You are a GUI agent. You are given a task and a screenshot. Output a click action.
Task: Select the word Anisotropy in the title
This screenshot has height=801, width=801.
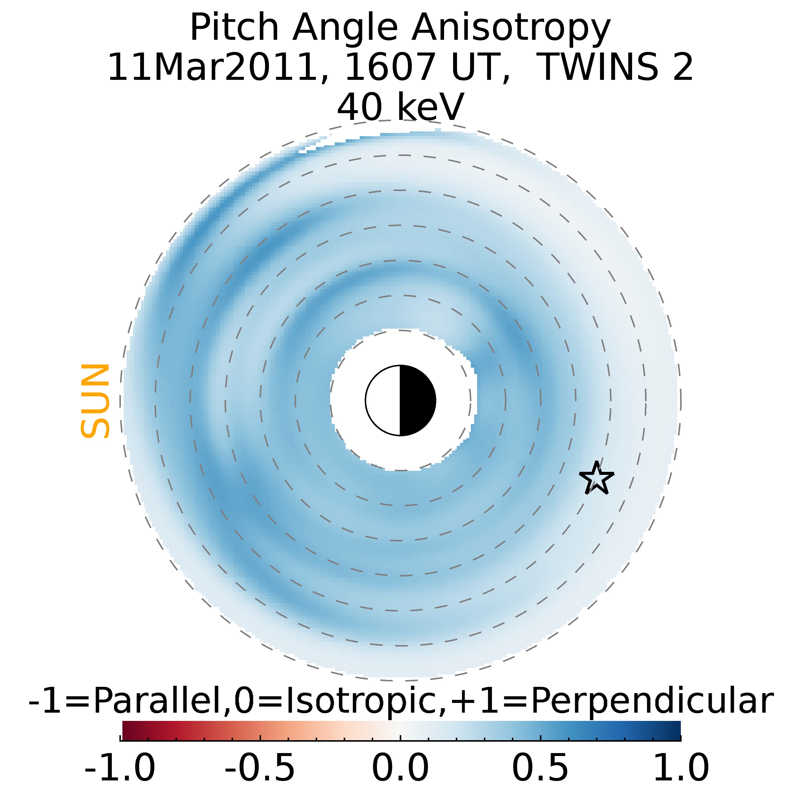click(511, 28)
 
